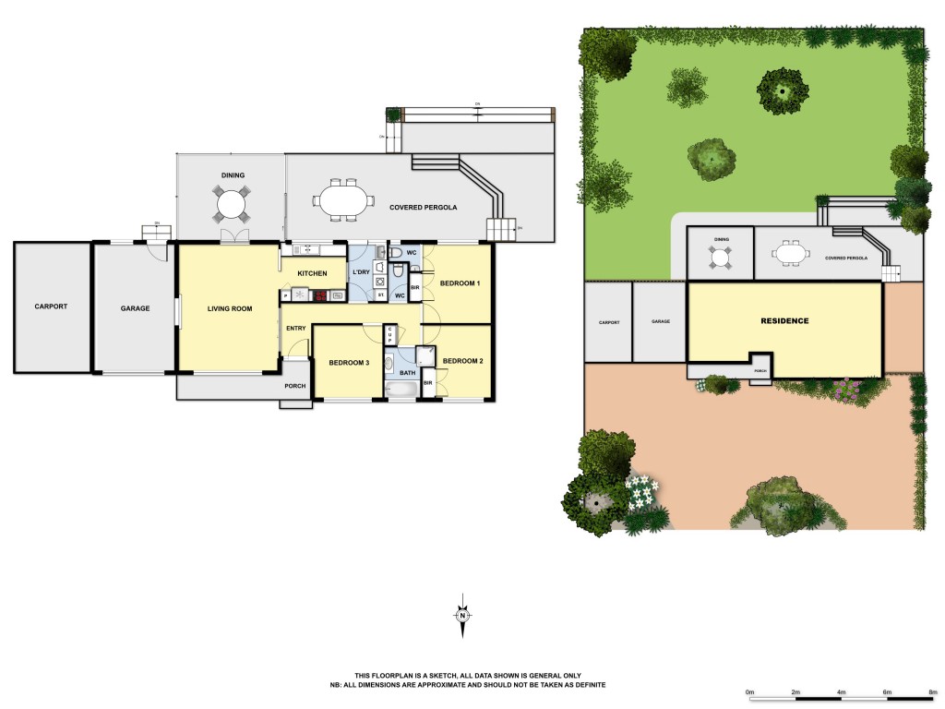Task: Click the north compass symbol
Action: coord(463,616)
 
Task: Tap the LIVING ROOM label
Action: coord(229,308)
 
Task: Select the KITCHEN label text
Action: coord(313,273)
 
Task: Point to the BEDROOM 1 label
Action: coord(460,282)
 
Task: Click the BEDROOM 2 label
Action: coord(462,361)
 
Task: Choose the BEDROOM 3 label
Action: coord(349,363)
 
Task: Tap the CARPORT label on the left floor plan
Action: coord(52,306)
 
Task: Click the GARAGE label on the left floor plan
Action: coord(135,308)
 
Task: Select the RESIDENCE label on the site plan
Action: coord(784,321)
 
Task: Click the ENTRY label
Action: coord(296,329)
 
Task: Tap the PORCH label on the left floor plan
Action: coord(295,386)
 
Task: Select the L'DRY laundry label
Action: coord(360,272)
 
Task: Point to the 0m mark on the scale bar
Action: coord(749,691)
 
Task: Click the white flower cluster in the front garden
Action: coord(642,491)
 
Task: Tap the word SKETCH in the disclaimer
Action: coord(427,676)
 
